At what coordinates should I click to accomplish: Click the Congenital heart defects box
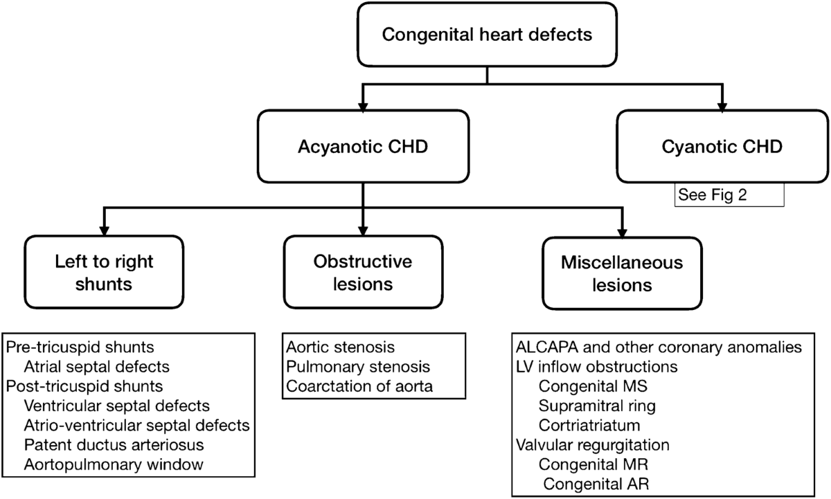pos(488,34)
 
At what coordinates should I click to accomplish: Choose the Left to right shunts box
pos(104,273)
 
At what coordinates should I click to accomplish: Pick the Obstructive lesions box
pos(362,273)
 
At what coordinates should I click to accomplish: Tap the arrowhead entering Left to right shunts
pos(104,231)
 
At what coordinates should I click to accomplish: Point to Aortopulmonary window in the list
pos(114,464)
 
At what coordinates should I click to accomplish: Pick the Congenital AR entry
pos(589,482)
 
